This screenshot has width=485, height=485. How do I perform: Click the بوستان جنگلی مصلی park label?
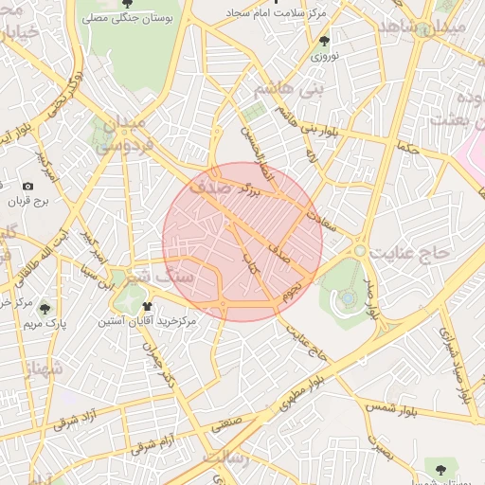pyautogui.click(x=128, y=18)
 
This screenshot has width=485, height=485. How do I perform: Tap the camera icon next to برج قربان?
pyautogui.click(x=27, y=186)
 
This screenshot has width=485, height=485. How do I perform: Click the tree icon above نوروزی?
pyautogui.click(x=325, y=41)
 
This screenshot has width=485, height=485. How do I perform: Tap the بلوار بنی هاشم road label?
pyautogui.click(x=293, y=119)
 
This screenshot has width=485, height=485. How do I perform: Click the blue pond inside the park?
pyautogui.click(x=349, y=297)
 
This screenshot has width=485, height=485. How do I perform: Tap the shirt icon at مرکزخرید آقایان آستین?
pyautogui.click(x=147, y=306)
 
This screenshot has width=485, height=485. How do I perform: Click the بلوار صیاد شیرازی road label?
pyautogui.click(x=453, y=364)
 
